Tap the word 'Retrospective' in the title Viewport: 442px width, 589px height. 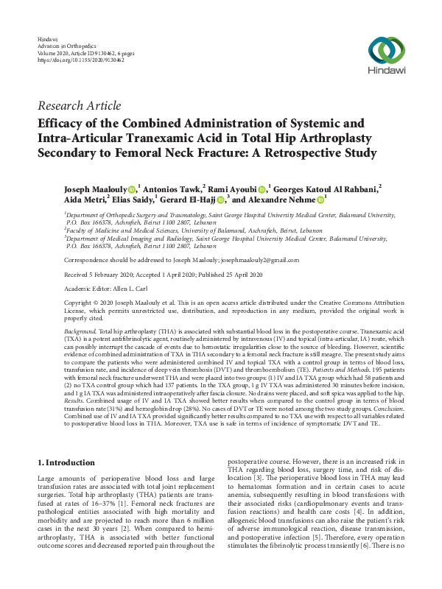(x=284, y=153)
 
